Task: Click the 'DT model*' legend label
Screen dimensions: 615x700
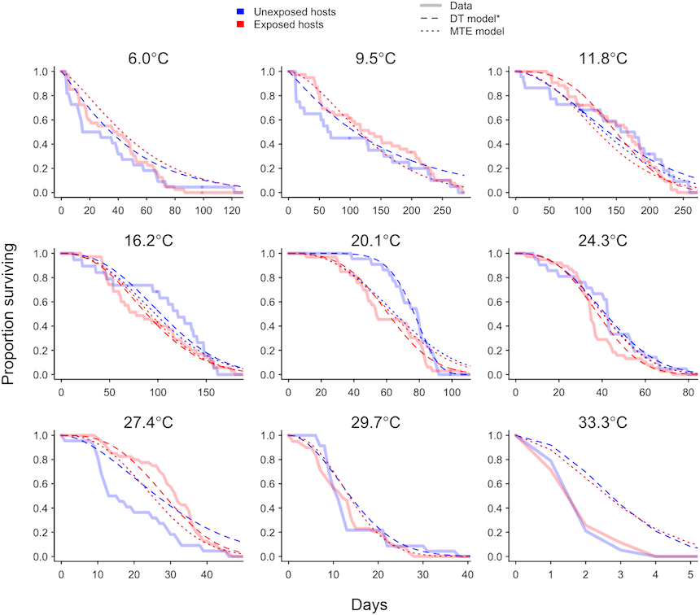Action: (x=477, y=19)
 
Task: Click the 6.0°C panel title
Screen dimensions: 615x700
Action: (x=150, y=59)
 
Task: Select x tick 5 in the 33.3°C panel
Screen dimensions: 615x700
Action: (x=692, y=575)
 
